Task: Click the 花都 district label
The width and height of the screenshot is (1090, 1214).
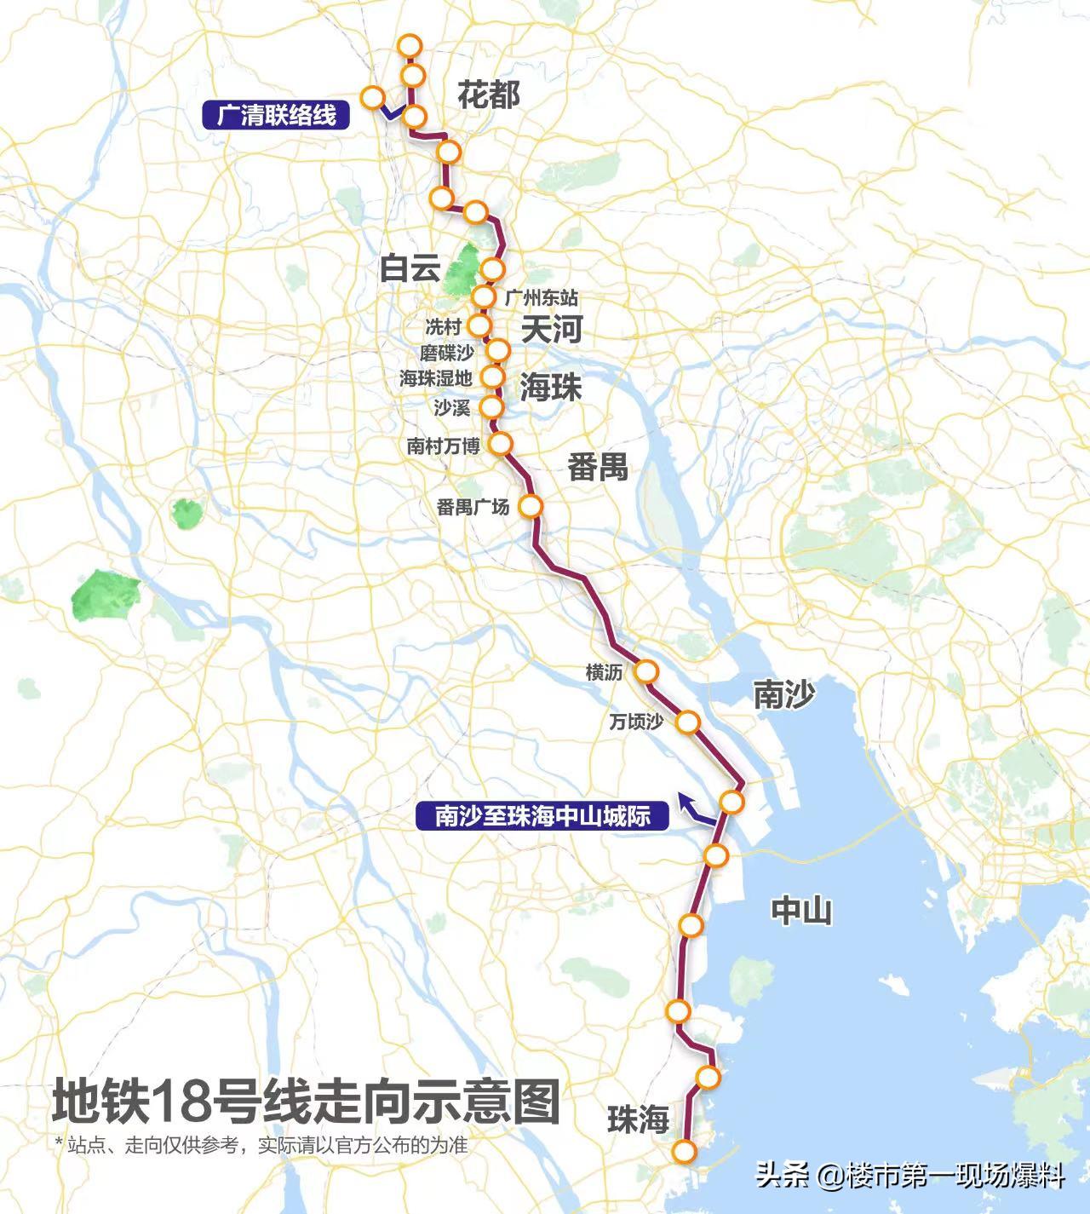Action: pyautogui.click(x=489, y=95)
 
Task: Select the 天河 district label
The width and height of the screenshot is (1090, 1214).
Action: pyautogui.click(x=551, y=329)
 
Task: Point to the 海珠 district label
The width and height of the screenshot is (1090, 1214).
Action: pyautogui.click(x=551, y=388)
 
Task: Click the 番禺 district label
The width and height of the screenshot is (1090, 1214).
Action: pyautogui.click(x=598, y=467)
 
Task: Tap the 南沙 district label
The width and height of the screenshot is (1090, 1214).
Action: pyautogui.click(x=783, y=694)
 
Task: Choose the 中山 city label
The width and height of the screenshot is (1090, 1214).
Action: pyautogui.click(x=800, y=911)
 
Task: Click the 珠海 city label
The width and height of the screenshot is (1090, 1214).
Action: pyautogui.click(x=638, y=1119)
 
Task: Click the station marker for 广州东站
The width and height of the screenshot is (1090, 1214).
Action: pyautogui.click(x=484, y=296)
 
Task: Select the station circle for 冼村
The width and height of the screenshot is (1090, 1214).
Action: pyautogui.click(x=480, y=325)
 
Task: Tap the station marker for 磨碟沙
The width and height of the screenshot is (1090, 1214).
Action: pyautogui.click(x=498, y=350)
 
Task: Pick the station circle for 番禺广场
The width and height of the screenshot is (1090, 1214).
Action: pyautogui.click(x=531, y=506)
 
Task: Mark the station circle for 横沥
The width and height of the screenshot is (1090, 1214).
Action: pyautogui.click(x=646, y=672)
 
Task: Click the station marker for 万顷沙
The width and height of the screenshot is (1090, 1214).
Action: pyautogui.click(x=687, y=722)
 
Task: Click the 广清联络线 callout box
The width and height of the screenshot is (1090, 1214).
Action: pyautogui.click(x=276, y=115)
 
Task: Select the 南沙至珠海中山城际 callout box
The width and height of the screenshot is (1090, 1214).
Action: pyautogui.click(x=542, y=816)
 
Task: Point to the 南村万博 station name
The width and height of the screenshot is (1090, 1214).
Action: pyautogui.click(x=443, y=446)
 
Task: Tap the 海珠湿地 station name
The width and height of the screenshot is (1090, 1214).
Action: pyautogui.click(x=435, y=379)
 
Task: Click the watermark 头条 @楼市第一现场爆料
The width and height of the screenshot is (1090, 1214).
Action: pyautogui.click(x=909, y=1177)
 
